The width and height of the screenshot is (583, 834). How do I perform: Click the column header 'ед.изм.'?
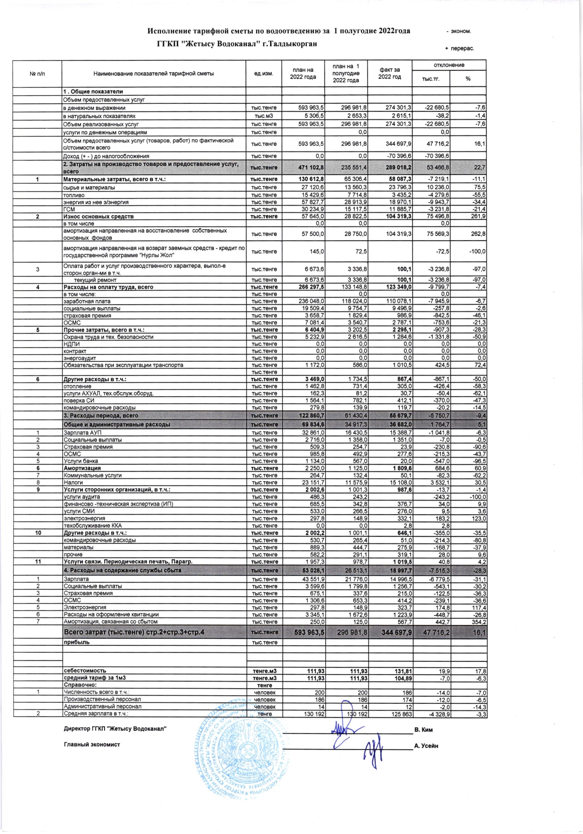(x=264, y=74)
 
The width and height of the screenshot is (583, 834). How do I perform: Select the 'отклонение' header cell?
(x=449, y=65)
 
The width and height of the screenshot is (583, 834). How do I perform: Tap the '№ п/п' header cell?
(x=37, y=74)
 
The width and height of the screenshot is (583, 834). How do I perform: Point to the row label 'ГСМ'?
(x=69, y=209)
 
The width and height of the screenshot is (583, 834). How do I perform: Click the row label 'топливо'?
(x=74, y=195)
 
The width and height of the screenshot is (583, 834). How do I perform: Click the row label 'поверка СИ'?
(x=79, y=400)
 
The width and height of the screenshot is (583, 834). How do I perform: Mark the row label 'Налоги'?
(x=73, y=483)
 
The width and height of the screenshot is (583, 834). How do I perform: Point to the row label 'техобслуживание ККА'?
(x=92, y=525)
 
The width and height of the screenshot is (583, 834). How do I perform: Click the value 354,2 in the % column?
(x=478, y=622)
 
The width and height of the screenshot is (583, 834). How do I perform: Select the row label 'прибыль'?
(x=76, y=642)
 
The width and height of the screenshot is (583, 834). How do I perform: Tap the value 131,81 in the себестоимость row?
(x=402, y=671)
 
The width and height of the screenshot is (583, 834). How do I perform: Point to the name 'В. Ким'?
(x=423, y=730)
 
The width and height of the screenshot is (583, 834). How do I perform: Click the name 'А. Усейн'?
(x=426, y=746)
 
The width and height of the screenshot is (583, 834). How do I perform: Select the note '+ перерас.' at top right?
(x=459, y=48)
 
